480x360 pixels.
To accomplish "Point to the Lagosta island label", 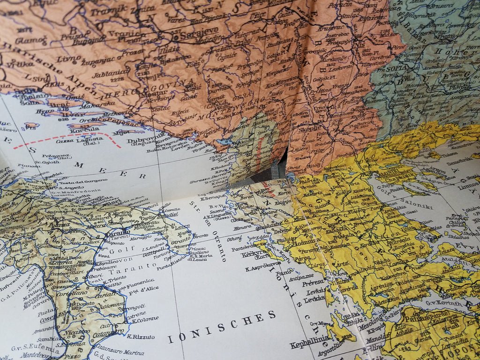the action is coord(92,139).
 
